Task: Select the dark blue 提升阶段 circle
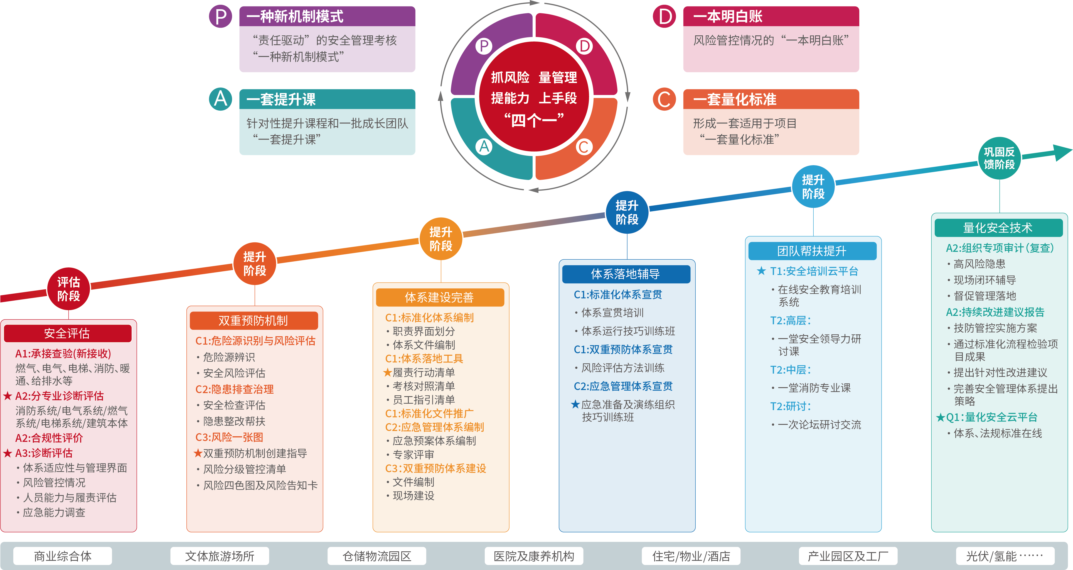click(x=627, y=212)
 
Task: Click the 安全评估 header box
click(x=67, y=333)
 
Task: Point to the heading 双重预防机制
click(x=253, y=321)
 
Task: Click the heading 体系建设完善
click(x=439, y=297)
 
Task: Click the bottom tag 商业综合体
click(x=63, y=556)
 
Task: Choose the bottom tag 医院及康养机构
click(x=534, y=556)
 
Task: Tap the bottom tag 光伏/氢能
click(x=1004, y=556)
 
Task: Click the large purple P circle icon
click(x=220, y=17)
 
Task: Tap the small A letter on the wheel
click(x=484, y=146)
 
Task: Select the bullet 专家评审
click(x=413, y=454)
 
